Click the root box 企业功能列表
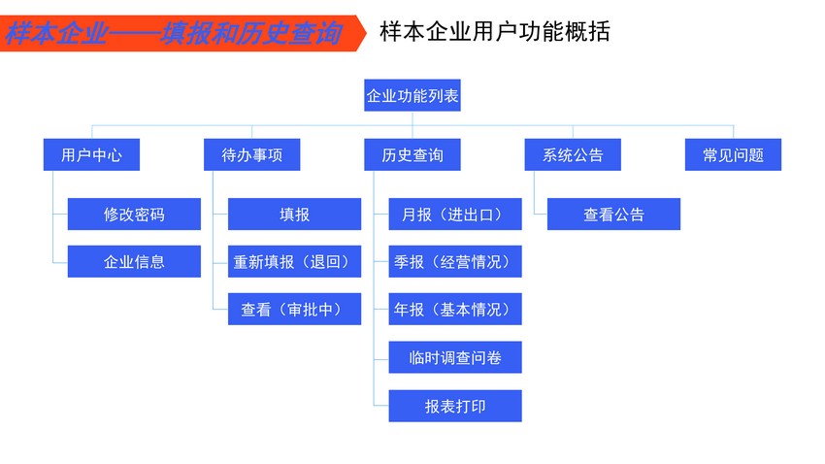412,95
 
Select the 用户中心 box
91,154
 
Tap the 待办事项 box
252,154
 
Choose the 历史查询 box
412,154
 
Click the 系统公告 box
573,154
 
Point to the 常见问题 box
733,154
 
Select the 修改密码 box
134,215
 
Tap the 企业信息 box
134,261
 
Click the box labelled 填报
295,215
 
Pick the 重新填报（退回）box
295,261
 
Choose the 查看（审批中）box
295,309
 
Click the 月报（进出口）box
455,215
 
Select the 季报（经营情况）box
455,261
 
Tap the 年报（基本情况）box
455,309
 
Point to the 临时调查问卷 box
455,357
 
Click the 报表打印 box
455,406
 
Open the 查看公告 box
613,215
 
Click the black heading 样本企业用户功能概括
495,32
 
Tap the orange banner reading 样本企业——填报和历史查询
182,33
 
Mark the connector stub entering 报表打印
381,406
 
